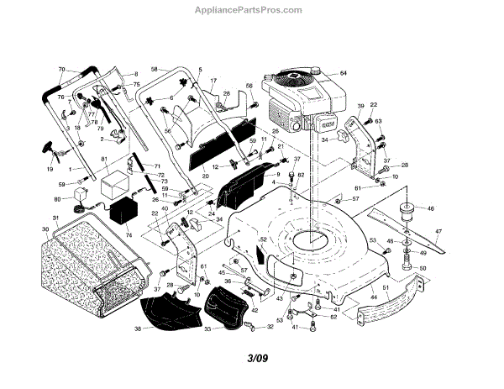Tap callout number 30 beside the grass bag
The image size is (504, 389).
click(45, 229)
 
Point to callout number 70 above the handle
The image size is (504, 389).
click(61, 69)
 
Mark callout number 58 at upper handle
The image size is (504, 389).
click(155, 68)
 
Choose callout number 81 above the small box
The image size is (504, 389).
click(104, 160)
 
